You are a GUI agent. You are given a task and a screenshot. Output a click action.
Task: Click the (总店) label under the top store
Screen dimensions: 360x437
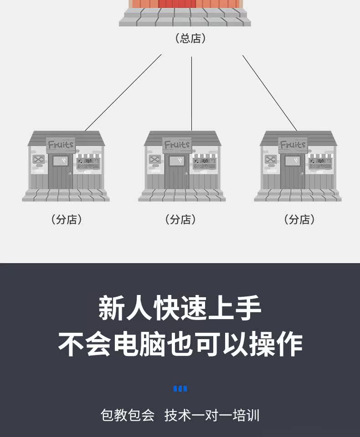coord(190,38)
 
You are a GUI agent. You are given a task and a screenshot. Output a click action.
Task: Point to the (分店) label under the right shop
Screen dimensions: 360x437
coord(299,219)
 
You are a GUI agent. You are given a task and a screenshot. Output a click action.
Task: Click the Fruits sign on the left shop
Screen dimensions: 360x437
coord(61,145)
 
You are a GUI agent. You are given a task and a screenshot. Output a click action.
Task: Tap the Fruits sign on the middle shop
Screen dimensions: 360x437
coord(177,145)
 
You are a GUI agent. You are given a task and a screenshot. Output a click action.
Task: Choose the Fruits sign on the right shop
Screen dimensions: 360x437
coord(293,145)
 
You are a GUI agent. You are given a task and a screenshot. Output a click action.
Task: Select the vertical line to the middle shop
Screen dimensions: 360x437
coord(191,93)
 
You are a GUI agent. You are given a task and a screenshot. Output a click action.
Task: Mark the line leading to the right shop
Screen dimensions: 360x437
coord(270,93)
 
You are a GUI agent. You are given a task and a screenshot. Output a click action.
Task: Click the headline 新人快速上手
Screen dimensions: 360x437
coord(180,308)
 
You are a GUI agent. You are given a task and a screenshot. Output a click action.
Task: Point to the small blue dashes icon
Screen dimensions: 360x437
coord(180,389)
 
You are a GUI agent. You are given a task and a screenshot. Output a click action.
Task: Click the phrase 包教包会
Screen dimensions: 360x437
coord(128,415)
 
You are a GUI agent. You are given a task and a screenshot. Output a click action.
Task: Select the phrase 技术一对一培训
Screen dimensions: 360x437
coord(212,415)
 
